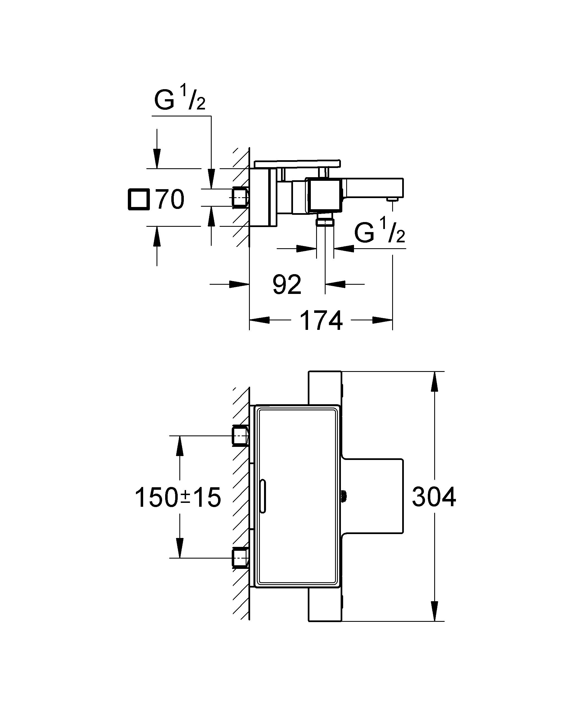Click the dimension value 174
tap(321, 320)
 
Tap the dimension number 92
tap(287, 285)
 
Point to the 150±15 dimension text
tap(178, 497)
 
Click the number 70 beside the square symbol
tap(170, 199)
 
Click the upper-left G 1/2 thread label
tap(180, 99)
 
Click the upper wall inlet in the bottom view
tap(240, 435)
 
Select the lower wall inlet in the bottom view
tap(240, 558)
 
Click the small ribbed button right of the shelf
tap(343, 495)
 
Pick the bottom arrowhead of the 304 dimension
tap(434, 612)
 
